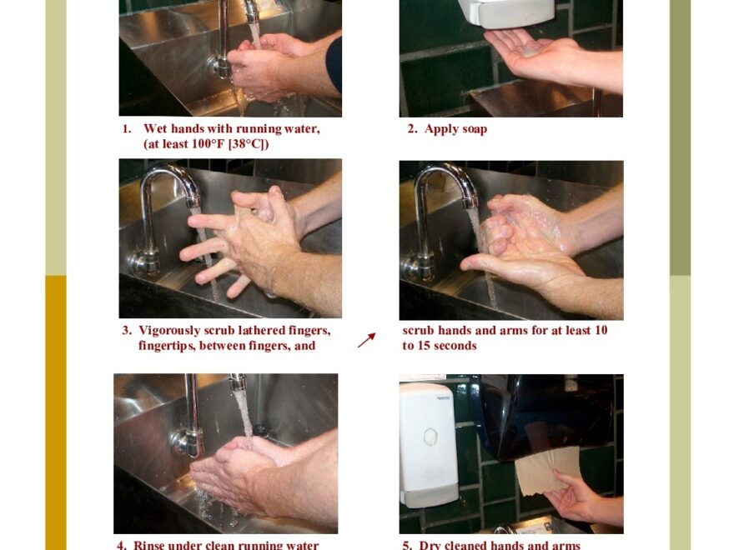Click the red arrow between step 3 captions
tap(366, 340)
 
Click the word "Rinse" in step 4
tap(154, 545)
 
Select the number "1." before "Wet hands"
tap(127, 129)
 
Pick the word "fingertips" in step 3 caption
tap(166, 345)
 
